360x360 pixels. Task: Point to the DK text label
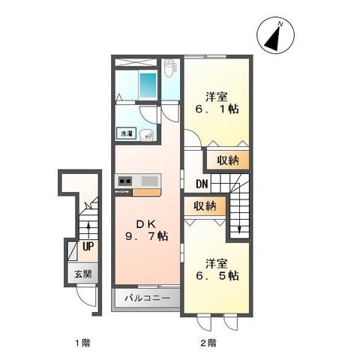(x=145, y=223)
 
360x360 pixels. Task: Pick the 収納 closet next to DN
(x=228, y=160)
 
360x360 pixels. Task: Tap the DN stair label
(x=202, y=183)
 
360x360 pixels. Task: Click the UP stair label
(x=88, y=245)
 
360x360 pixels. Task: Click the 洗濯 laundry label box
(x=126, y=133)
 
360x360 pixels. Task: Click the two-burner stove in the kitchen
(x=124, y=181)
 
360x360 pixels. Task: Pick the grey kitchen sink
(x=148, y=181)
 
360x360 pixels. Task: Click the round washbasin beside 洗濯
(x=148, y=136)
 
